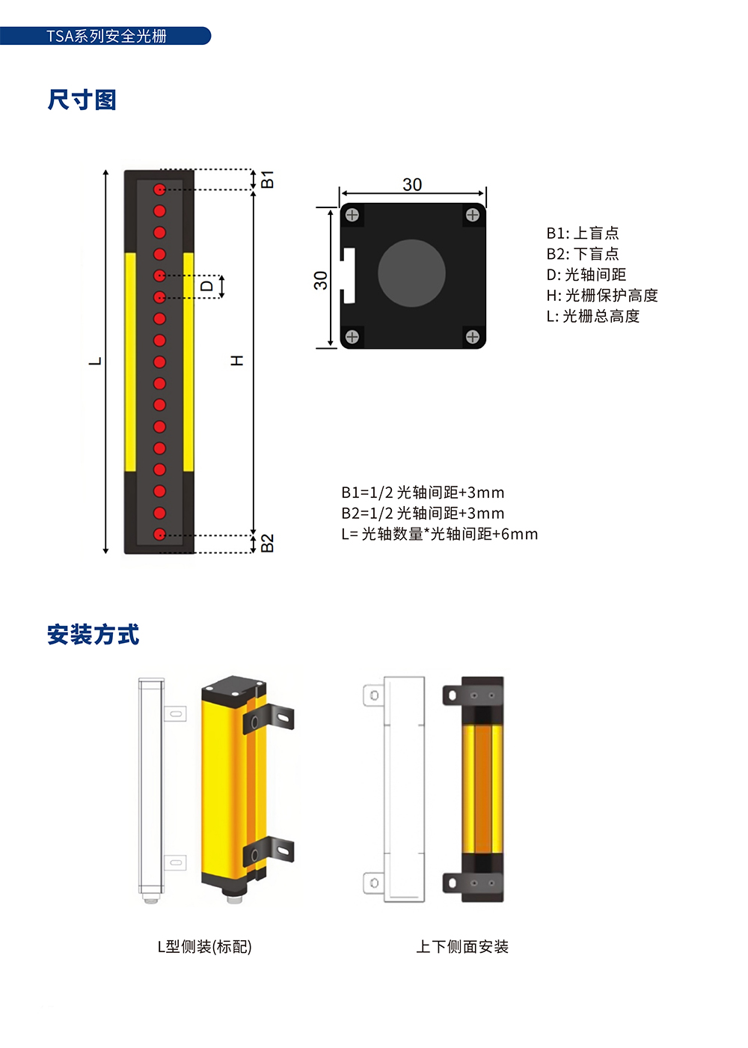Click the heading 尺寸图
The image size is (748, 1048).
(x=82, y=100)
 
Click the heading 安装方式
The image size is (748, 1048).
(x=93, y=635)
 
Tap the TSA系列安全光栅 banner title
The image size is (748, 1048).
(x=106, y=36)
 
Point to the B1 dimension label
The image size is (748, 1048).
(x=267, y=179)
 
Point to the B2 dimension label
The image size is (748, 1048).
(x=267, y=543)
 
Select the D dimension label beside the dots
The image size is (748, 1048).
(x=206, y=285)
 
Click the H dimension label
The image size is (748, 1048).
(x=237, y=360)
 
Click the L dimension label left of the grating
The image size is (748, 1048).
(x=96, y=361)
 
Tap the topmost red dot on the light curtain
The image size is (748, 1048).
(x=159, y=189)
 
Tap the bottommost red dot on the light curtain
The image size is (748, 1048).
(x=159, y=534)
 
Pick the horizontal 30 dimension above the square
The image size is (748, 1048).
(x=412, y=185)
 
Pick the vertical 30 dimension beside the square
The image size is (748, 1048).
(x=321, y=280)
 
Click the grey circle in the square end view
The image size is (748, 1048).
(x=411, y=273)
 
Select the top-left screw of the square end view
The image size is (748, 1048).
(x=352, y=215)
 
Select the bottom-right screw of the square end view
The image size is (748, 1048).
(x=473, y=336)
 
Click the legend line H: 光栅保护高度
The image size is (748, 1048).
(x=602, y=295)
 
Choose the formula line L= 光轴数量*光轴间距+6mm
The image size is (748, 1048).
(x=440, y=534)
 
